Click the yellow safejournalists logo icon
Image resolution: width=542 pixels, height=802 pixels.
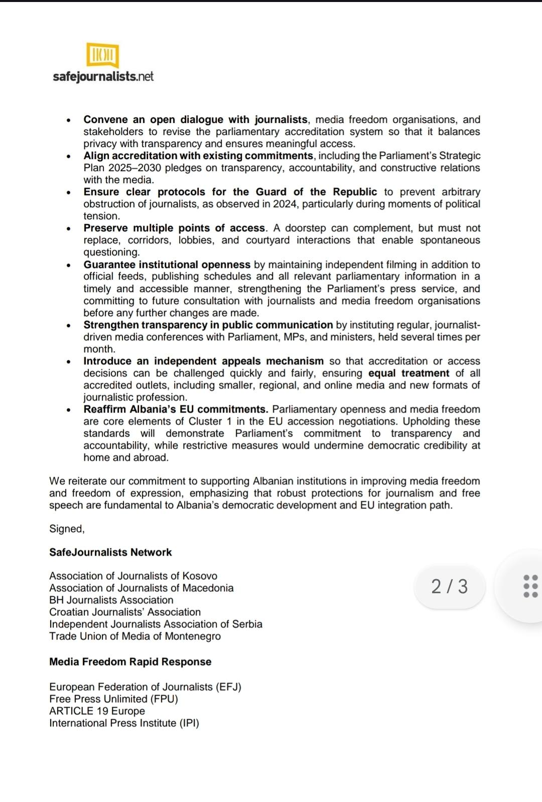pos(102,55)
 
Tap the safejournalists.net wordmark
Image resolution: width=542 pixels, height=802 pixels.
pos(103,76)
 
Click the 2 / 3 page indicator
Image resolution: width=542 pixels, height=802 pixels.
pos(449,586)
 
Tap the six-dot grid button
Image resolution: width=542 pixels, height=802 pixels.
pos(530,586)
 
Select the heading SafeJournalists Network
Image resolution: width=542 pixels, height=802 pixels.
pos(110,552)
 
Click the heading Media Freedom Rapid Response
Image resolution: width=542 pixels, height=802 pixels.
pos(130,661)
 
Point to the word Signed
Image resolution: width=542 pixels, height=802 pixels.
pos(66,528)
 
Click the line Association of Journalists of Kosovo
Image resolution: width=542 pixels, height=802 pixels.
pos(133,576)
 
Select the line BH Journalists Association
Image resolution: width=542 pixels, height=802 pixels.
pos(111,600)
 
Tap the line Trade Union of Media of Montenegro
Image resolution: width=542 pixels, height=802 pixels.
pos(134,636)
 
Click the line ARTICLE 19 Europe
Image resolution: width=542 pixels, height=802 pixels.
pos(97,711)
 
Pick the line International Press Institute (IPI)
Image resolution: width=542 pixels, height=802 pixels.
pos(124,723)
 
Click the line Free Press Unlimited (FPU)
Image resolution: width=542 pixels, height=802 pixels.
pos(113,699)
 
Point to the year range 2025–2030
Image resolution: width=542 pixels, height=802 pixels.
pos(134,168)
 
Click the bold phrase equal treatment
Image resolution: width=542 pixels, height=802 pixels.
pos(409,373)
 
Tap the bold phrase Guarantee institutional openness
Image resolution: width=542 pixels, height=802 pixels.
pos(167,264)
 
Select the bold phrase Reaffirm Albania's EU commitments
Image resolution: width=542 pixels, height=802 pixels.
pos(176,409)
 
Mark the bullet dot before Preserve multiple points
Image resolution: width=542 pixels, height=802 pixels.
pos(69,229)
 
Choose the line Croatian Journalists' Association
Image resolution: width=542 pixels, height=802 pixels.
pos(124,612)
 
